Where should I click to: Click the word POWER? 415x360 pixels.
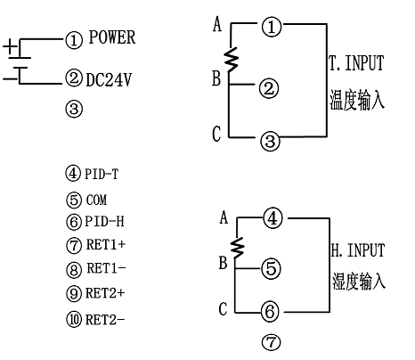pyautogui.click(x=112, y=37)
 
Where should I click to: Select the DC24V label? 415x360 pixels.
pyautogui.click(x=109, y=79)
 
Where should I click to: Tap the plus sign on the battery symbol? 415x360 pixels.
pyautogui.click(x=10, y=46)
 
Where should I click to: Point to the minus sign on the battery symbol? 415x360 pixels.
pyautogui.click(x=10, y=79)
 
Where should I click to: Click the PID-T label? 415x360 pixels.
pyautogui.click(x=102, y=174)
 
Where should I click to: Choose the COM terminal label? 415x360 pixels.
pyautogui.click(x=96, y=200)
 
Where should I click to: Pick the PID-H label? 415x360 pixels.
pyautogui.click(x=104, y=221)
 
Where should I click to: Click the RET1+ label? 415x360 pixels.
pyautogui.click(x=106, y=244)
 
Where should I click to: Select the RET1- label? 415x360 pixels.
pyautogui.click(x=106, y=268)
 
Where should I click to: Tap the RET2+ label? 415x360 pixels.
pyautogui.click(x=105, y=293)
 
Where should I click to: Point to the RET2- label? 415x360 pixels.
pyautogui.click(x=105, y=320)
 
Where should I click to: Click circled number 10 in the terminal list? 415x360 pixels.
pyautogui.click(x=74, y=320)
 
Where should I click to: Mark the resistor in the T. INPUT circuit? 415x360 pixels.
pyautogui.click(x=232, y=60)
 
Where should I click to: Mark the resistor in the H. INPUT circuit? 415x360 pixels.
pyautogui.click(x=238, y=248)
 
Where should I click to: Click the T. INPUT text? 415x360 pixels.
pyautogui.click(x=356, y=63)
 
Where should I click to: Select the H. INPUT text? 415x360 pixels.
pyautogui.click(x=358, y=250)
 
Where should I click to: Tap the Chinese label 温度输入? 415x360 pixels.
pyautogui.click(x=357, y=99)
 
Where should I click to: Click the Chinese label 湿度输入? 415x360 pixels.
pyautogui.click(x=359, y=281)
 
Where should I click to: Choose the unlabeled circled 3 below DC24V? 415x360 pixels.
pyautogui.click(x=74, y=109)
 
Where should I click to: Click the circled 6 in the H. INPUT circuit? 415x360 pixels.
pyautogui.click(x=270, y=311)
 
